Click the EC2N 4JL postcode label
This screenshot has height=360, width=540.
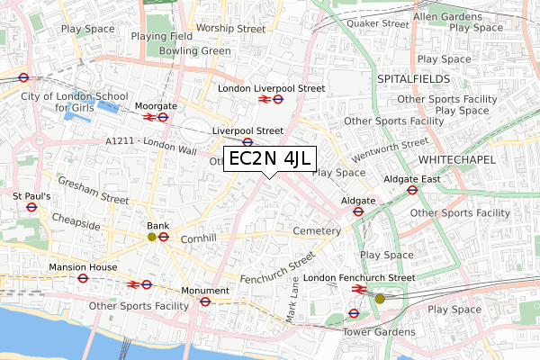267,159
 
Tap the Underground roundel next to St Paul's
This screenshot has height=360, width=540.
31,206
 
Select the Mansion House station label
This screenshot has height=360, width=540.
82,267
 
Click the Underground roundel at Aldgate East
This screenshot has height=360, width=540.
413,191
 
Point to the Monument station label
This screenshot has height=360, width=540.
206,290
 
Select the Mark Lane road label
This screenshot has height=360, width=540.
293,298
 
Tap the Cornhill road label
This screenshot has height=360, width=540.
199,238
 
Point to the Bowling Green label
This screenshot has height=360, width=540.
194,51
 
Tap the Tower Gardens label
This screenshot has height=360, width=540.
379,331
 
